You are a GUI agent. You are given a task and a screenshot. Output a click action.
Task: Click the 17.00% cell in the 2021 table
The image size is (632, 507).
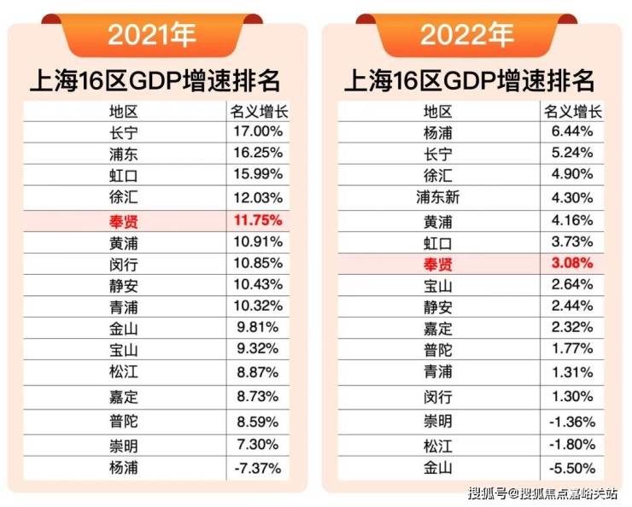click(x=257, y=131)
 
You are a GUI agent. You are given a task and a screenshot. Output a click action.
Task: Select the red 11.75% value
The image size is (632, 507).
click(x=257, y=220)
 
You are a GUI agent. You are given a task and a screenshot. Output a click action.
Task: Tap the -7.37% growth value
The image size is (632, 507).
click(x=257, y=467)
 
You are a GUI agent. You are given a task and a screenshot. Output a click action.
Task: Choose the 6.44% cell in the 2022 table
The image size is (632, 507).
click(x=571, y=132)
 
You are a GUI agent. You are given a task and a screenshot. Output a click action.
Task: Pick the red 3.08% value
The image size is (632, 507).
click(x=571, y=261)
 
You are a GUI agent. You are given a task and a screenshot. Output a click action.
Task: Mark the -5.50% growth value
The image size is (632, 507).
click(x=571, y=467)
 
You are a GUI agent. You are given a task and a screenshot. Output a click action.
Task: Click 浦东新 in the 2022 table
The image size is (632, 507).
click(x=438, y=197)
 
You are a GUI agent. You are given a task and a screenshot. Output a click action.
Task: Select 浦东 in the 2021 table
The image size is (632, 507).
click(x=124, y=154)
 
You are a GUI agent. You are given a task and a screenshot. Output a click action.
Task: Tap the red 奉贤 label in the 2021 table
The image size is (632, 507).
click(x=124, y=220)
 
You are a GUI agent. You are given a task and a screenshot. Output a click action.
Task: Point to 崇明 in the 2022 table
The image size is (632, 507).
click(x=438, y=422)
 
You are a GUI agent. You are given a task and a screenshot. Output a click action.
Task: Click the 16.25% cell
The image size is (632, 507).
click(x=257, y=154)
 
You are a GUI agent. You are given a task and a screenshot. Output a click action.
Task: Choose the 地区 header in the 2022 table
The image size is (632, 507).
click(x=438, y=111)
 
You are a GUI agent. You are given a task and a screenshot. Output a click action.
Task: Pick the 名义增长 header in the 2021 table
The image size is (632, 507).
click(x=257, y=111)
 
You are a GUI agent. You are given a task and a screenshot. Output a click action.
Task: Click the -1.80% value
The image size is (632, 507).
click(x=571, y=445)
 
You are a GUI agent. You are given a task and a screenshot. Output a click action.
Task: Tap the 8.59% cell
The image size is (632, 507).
click(x=257, y=421)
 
